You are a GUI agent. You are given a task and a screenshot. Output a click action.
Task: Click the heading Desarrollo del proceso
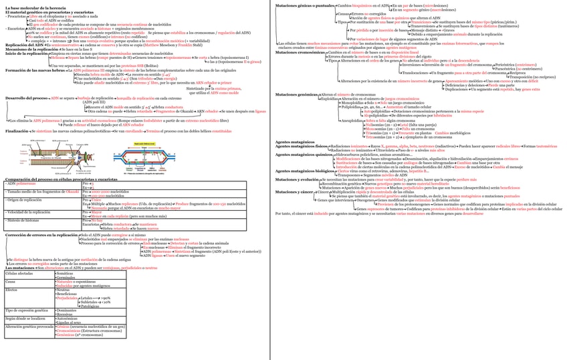24,98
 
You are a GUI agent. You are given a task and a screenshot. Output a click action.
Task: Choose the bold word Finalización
17,131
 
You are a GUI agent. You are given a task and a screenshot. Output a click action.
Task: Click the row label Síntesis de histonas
23,219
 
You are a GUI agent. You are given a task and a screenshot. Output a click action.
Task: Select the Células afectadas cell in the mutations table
20,274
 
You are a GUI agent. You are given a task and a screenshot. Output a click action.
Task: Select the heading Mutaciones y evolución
297,179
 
